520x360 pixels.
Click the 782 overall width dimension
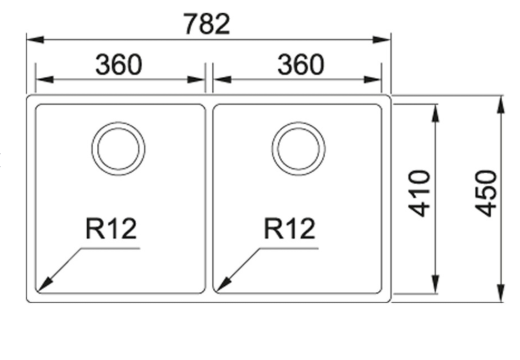[x=207, y=24]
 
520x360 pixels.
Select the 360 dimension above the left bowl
[x=119, y=64]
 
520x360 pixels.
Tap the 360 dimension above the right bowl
[x=301, y=64]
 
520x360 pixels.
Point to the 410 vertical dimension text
[x=419, y=193]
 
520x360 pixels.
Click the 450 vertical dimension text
[x=486, y=193]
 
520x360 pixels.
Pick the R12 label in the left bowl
[x=111, y=229]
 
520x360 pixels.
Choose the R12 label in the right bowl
[x=289, y=229]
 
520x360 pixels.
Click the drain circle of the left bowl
[x=92, y=149]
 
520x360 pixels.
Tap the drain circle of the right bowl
[x=272, y=149]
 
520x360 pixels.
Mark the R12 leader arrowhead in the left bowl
[x=44, y=285]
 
